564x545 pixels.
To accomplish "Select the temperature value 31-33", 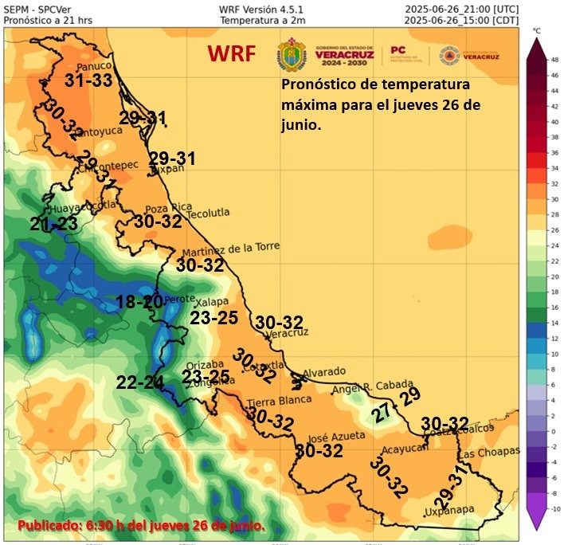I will pos(88,80).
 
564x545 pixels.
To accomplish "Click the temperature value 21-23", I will pos(54,225).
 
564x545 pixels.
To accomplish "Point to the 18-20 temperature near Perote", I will pos(139,301).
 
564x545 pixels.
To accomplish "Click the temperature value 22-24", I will pos(139,382).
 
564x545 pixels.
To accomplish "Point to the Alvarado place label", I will pos(323,371).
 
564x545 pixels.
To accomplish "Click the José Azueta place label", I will pos(336,436).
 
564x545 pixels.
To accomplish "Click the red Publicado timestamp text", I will pos(141,526).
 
